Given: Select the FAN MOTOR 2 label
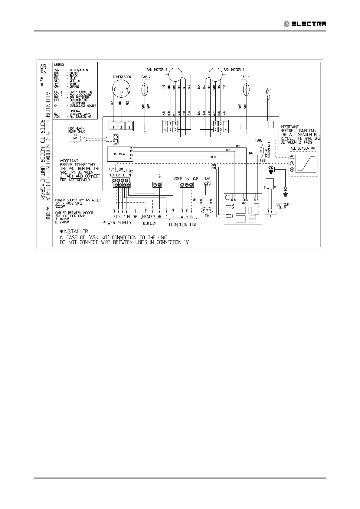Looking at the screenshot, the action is (157, 70).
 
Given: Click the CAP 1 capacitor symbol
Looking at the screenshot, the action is (247, 90).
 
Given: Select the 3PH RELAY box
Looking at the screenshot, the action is (119, 154).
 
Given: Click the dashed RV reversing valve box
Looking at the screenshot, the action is (75, 139).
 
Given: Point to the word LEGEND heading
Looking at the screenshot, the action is (59, 65).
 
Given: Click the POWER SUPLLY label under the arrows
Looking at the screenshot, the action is (117, 223).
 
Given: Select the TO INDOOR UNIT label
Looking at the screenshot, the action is (182, 225).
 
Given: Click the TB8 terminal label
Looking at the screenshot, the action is (258, 141).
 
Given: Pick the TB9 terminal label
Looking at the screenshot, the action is (262, 160).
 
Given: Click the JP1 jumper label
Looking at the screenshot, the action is (121, 170).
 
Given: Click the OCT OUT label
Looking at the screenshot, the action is (283, 205).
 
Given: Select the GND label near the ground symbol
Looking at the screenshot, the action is (271, 167).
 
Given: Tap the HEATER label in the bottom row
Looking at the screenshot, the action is (149, 217).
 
